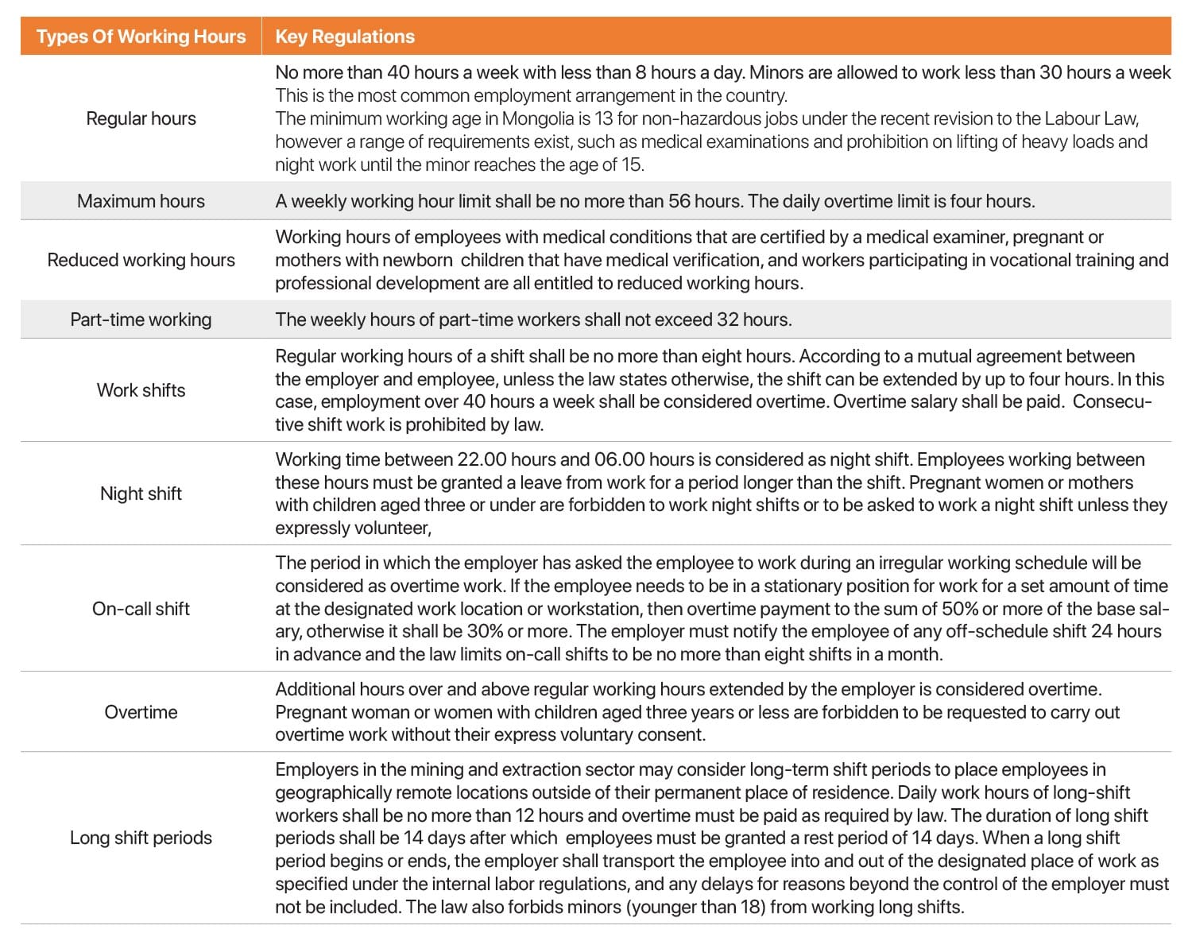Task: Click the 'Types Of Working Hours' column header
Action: coord(141,37)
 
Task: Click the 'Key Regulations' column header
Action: coord(345,37)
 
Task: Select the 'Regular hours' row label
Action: coord(141,118)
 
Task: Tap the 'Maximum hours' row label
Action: coord(141,201)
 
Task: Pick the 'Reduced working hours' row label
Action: coord(141,260)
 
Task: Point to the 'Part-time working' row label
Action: coord(141,319)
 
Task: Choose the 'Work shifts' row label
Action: coord(141,390)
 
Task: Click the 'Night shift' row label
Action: coord(141,494)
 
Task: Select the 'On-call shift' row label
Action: coord(141,609)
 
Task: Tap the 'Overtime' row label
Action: coord(141,712)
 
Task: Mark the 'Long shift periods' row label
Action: coord(141,838)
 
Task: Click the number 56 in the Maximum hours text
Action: coord(679,201)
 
